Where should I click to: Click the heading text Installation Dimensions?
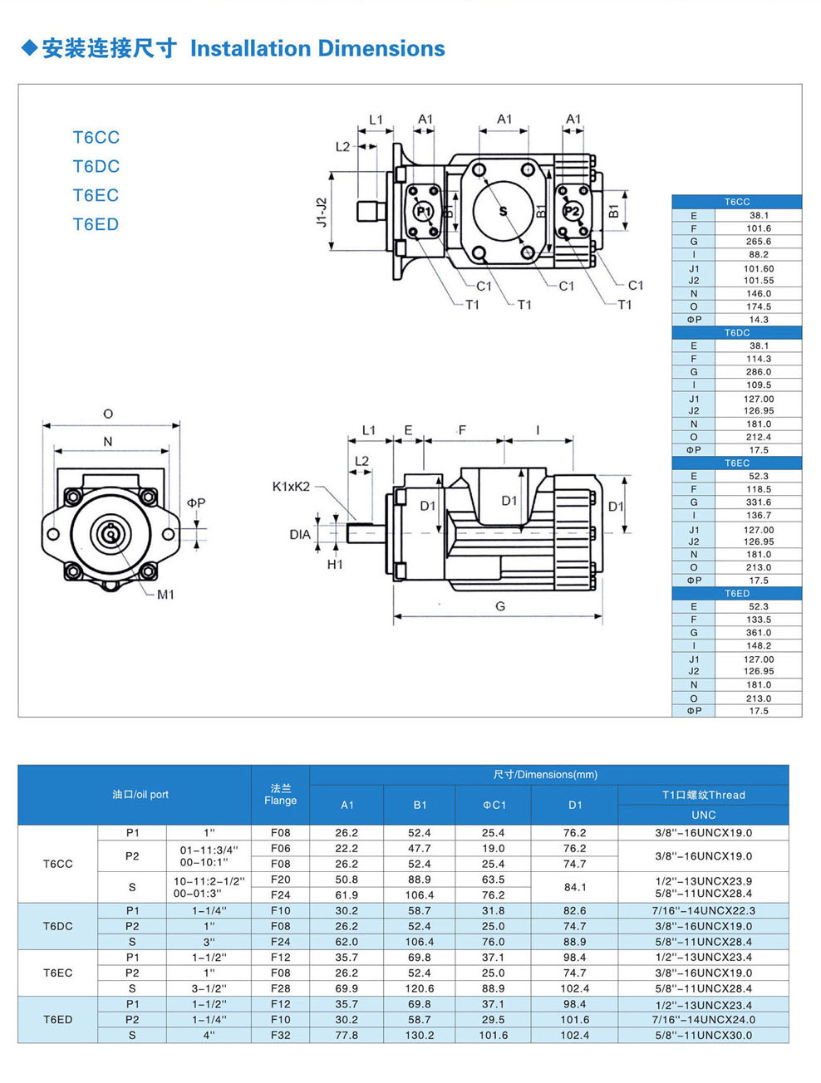[x=317, y=49]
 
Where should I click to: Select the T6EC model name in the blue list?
[x=96, y=195]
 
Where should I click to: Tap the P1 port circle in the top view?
[x=424, y=211]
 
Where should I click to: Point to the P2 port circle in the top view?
[x=573, y=211]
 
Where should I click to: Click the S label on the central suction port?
[x=503, y=211]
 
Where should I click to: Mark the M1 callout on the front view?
[x=165, y=595]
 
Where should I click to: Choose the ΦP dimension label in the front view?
[x=196, y=503]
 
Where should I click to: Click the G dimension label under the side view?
[x=500, y=606]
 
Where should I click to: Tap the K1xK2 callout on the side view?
[x=291, y=487]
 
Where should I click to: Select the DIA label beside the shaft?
[x=300, y=535]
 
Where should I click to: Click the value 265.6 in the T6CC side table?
[x=758, y=242]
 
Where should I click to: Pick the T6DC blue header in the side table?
[x=736, y=333]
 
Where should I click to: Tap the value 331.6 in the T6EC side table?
[x=758, y=502]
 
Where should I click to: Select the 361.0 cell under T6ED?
[x=758, y=633]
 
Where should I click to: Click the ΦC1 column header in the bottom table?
[x=494, y=805]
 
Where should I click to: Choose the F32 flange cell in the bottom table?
[x=281, y=1036]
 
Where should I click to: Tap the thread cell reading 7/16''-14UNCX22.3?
[x=703, y=911]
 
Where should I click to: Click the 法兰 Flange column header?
[x=281, y=795]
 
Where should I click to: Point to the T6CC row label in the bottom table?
[x=58, y=864]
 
